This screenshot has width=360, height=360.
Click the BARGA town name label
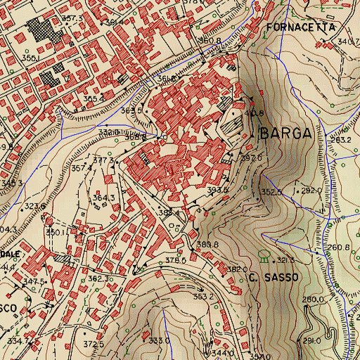click(285, 135)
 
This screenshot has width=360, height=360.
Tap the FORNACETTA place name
click(302, 27)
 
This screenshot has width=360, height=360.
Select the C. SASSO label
click(274, 278)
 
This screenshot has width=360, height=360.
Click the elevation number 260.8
click(337, 247)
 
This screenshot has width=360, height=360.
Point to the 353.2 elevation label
click(204, 297)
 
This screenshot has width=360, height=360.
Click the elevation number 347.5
click(34, 281)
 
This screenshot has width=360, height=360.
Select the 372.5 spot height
click(94, 345)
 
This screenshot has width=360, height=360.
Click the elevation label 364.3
click(104, 198)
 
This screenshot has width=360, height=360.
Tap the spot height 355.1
click(30, 57)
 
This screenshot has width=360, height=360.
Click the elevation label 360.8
click(210, 41)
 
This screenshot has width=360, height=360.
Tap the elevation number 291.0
click(312, 340)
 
